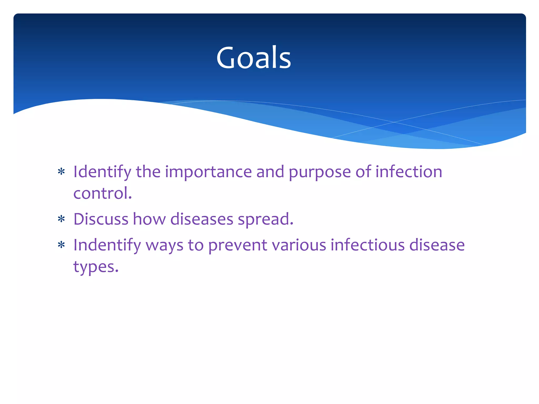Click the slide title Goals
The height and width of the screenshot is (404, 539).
[x=253, y=58]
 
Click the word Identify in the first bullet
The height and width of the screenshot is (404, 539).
[x=102, y=172]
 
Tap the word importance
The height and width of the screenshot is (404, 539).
[x=208, y=172]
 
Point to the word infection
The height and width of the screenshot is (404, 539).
[x=408, y=172]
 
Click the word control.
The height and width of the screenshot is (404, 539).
[x=102, y=193]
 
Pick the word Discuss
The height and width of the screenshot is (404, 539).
[x=101, y=219]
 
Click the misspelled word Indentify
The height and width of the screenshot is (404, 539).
[x=107, y=245]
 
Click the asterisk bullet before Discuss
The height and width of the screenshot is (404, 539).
[x=61, y=219]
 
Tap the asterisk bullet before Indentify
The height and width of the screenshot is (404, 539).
[x=61, y=245]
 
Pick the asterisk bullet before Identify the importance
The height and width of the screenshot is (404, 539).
[x=61, y=172]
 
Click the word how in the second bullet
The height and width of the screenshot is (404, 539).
[x=149, y=219]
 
